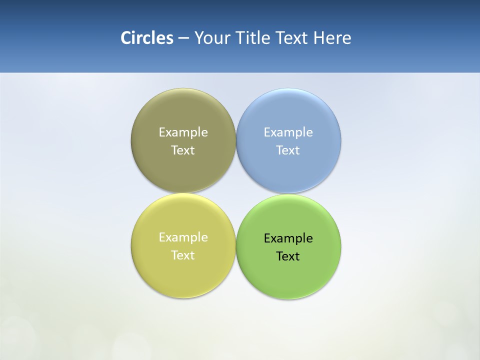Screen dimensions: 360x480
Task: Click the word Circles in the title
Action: tap(146, 38)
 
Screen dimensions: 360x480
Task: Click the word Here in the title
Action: tap(332, 38)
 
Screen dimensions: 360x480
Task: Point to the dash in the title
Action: tap(183, 38)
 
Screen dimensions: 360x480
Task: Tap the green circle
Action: tap(288, 275)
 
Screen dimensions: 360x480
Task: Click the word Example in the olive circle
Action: tap(183, 132)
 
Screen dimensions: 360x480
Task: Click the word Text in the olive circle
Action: tap(183, 150)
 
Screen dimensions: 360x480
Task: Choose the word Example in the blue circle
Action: tap(288, 132)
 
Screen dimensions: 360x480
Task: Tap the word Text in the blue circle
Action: tap(288, 150)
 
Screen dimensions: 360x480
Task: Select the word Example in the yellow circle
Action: tap(183, 237)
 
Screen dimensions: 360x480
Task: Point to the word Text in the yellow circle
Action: tap(183, 255)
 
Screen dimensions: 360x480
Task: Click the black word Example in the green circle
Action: tap(288, 238)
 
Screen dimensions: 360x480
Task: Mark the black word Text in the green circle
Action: tap(288, 256)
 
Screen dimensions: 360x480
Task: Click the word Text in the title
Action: tap(292, 38)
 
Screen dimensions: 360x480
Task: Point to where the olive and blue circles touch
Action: tap(236, 140)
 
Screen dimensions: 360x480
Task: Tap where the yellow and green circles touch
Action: tap(236, 246)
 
